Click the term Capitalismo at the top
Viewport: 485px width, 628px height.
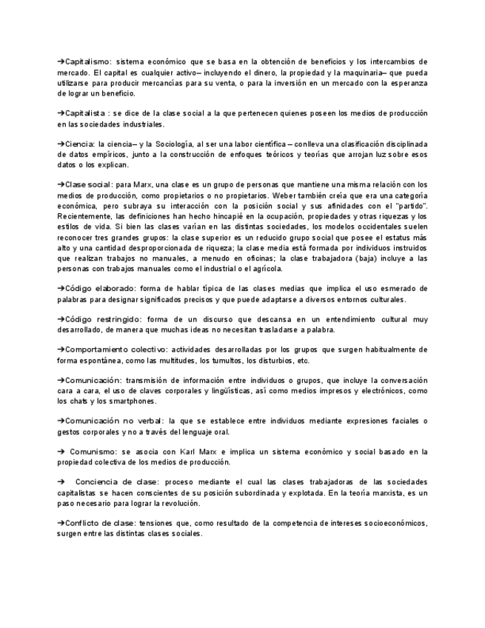coord(88,61)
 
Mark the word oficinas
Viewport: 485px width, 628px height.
coord(259,258)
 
